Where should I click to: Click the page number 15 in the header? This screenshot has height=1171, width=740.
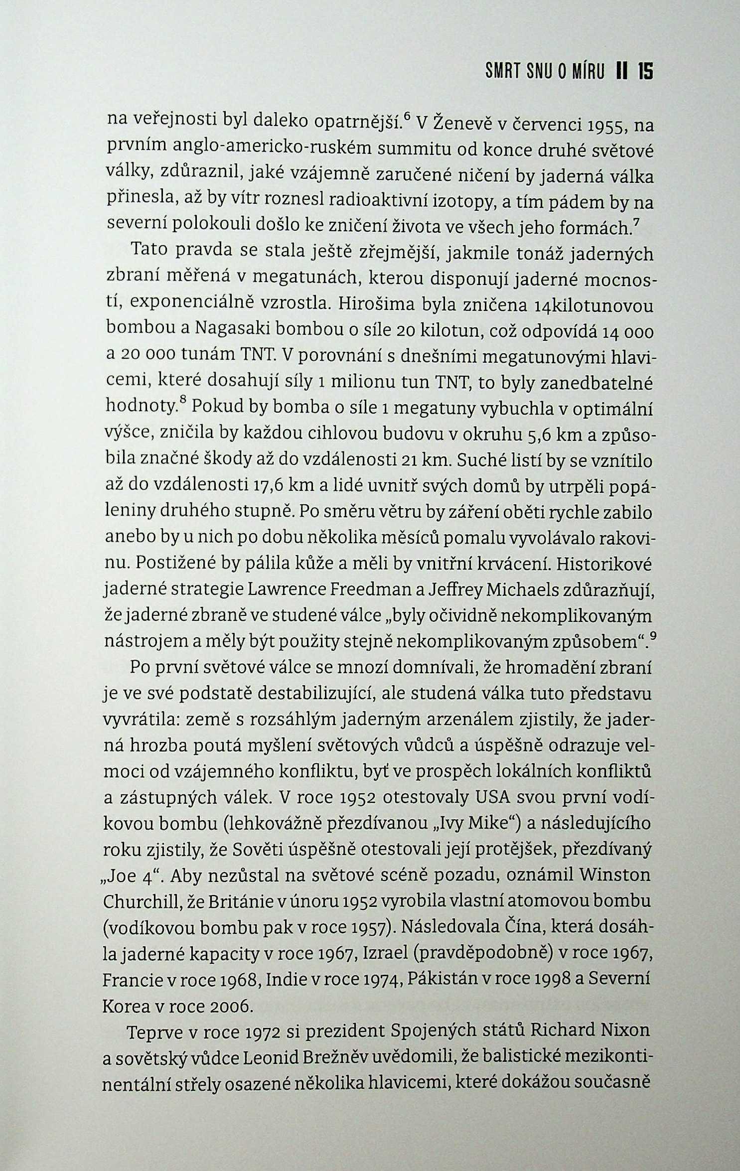(645, 73)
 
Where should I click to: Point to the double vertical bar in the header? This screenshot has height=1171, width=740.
(620, 73)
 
